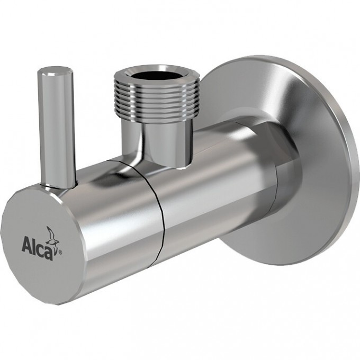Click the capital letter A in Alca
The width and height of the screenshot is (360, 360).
27,245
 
